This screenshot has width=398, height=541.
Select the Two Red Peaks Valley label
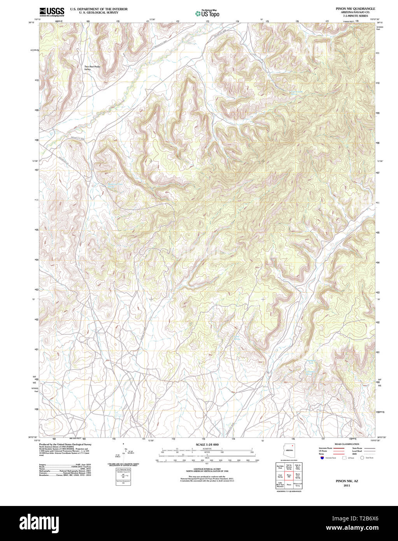coord(92,68)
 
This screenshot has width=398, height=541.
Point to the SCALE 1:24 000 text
coord(207,444)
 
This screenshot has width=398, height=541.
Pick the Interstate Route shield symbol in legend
coord(321,458)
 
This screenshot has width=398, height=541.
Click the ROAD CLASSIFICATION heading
coord(344,444)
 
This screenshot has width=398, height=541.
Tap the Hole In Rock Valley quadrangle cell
coord(298,466)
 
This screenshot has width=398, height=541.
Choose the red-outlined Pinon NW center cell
coord(289,476)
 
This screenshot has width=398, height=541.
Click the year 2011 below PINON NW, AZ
coord(344,485)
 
